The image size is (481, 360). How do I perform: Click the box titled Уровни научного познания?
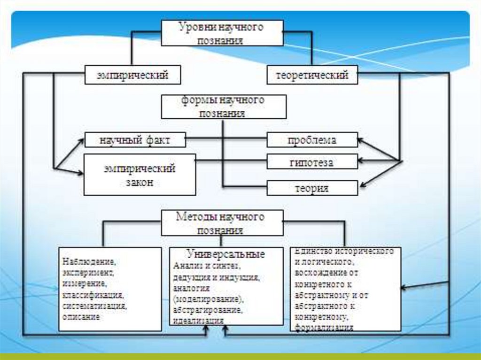point(222,33)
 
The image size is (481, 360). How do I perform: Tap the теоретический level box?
point(312,75)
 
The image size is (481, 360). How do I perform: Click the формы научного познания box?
point(223,107)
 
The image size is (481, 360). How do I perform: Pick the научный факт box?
point(135,140)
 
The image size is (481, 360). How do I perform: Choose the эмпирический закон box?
point(140,174)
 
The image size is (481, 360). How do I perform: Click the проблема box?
point(312,140)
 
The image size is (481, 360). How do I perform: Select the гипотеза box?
point(312,162)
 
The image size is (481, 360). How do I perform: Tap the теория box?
point(312,188)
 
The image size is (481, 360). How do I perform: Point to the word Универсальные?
point(226,254)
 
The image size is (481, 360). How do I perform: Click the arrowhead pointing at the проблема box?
point(361,138)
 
